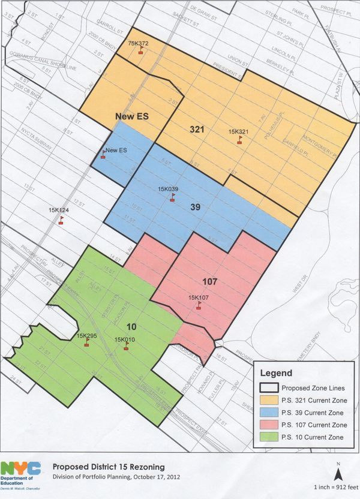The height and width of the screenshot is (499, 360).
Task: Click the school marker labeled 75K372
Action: pos(140,50)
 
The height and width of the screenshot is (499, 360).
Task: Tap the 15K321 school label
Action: pos(239,131)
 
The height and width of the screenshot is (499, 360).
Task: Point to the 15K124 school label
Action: pos(59,210)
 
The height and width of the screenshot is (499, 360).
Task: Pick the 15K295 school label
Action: pos(87,335)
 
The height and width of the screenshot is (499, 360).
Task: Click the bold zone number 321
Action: pos(197,129)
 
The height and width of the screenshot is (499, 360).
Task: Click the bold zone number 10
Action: pos(131,326)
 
